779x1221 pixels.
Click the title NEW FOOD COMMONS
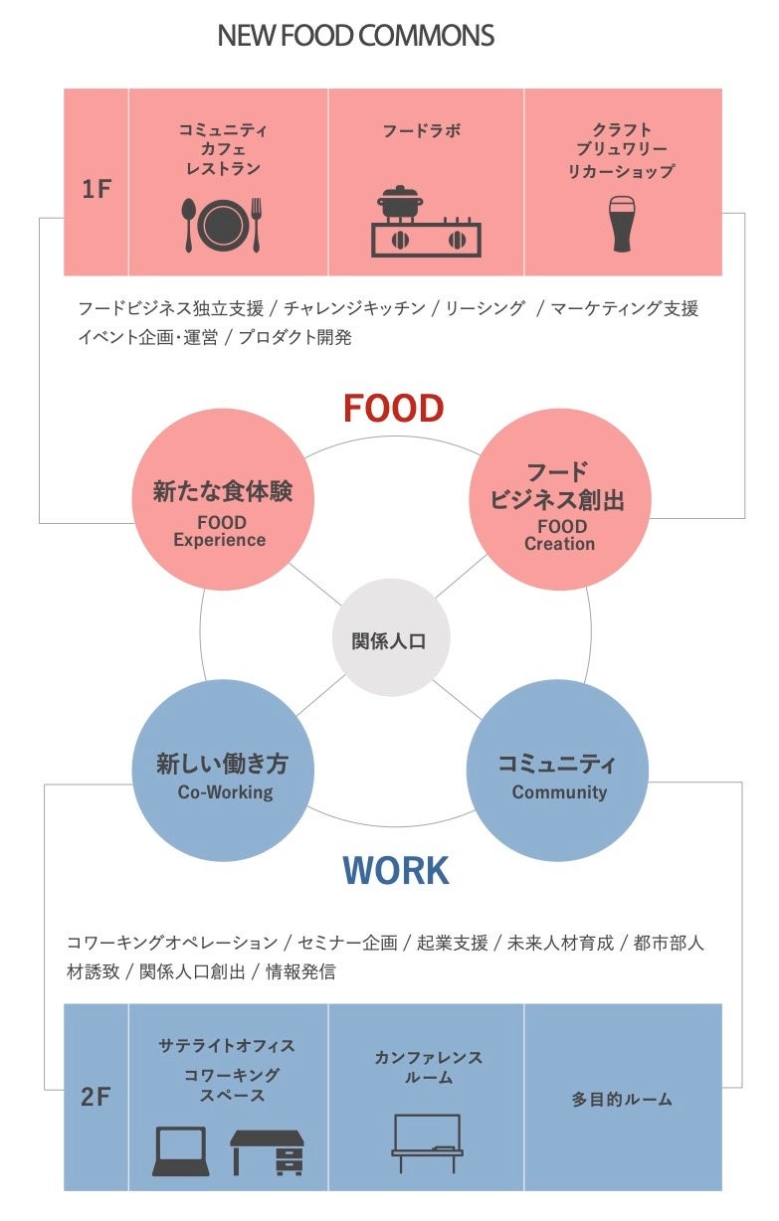(x=355, y=37)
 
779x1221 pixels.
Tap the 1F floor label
(x=97, y=189)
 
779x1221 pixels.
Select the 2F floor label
(x=97, y=1098)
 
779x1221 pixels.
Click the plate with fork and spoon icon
(x=222, y=224)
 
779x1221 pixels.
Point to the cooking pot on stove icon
(x=426, y=222)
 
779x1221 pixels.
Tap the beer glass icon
(x=622, y=224)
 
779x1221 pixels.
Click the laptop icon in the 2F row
(x=181, y=1151)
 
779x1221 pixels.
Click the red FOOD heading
(x=393, y=409)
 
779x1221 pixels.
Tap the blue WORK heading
(x=395, y=871)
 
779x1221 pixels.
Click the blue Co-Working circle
(x=222, y=777)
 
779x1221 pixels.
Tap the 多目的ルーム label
(x=622, y=1100)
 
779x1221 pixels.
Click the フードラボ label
(x=422, y=130)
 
